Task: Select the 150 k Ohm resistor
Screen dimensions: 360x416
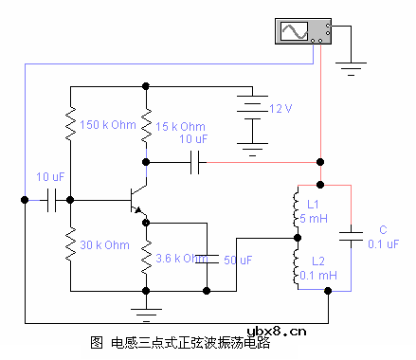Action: point(70,124)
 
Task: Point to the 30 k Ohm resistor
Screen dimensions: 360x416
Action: point(70,245)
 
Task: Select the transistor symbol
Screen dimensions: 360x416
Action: point(138,201)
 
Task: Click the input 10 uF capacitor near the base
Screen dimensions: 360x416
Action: point(51,200)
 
